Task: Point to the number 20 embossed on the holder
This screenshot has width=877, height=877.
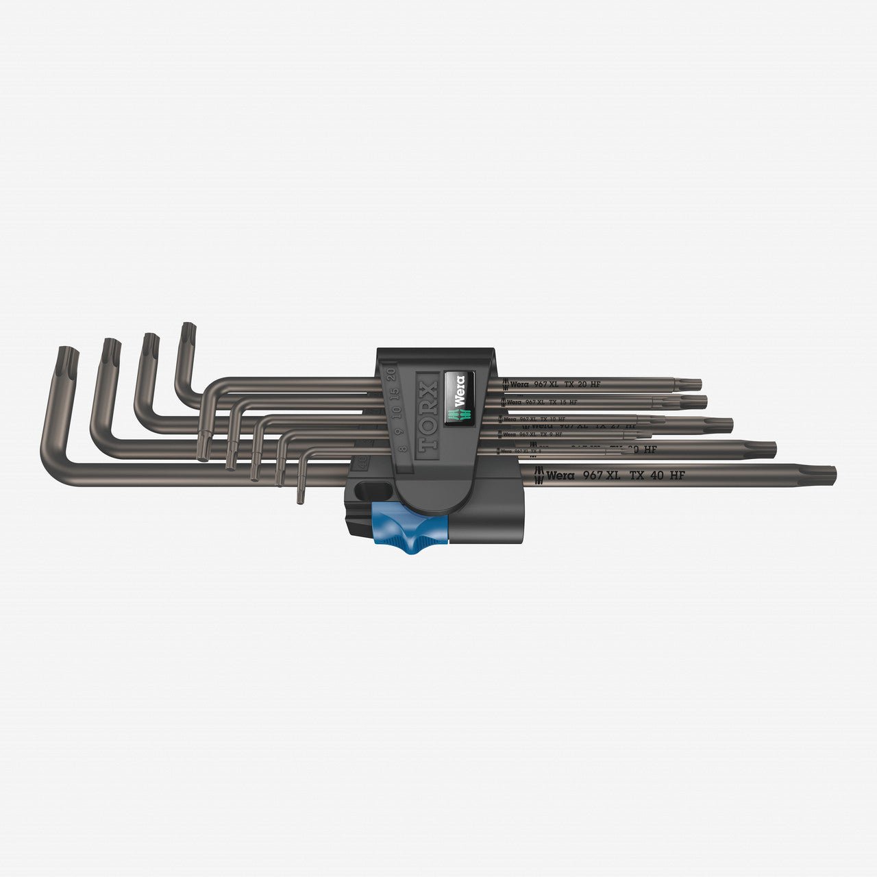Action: (x=391, y=374)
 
